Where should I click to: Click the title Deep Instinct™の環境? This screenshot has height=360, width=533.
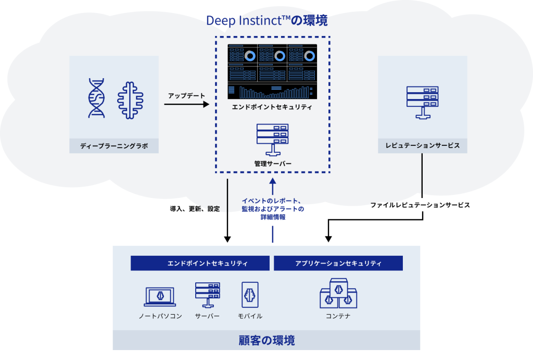coord(266,20)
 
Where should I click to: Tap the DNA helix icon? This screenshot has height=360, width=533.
coord(96,98)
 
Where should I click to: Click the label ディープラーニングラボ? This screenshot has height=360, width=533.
coord(114,146)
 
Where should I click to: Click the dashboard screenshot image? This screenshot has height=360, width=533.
coord(272,71)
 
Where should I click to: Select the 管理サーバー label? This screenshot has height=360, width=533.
coord(273,164)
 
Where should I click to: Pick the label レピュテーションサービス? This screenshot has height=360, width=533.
coord(422,145)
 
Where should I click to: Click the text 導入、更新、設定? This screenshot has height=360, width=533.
coord(195,208)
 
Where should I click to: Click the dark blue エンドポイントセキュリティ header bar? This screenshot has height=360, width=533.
coord(200,263)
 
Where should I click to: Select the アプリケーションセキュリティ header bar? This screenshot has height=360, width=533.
coord(338,263)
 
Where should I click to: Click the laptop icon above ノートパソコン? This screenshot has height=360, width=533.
coord(160,296)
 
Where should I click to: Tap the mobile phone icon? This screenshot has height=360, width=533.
coord(250,295)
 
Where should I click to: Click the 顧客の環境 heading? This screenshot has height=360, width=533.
coord(266,341)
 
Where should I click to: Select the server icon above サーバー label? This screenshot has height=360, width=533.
coord(207,295)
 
